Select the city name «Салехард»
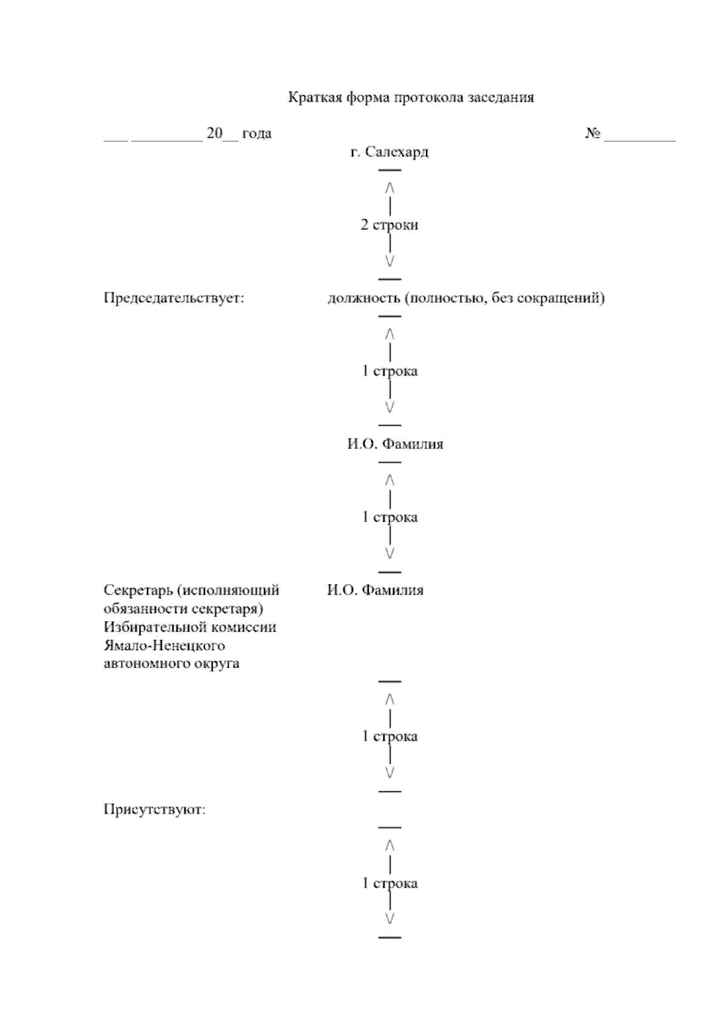(x=397, y=152)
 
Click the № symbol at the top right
(x=593, y=133)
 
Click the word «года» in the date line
(x=257, y=133)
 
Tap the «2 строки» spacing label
(x=389, y=225)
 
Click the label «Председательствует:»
(x=174, y=299)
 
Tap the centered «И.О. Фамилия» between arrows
(x=395, y=444)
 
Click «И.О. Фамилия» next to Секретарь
(x=376, y=590)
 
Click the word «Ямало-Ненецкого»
(x=165, y=645)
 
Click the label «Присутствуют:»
(x=155, y=809)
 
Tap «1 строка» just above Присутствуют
(x=389, y=737)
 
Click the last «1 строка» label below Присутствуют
(x=389, y=883)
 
